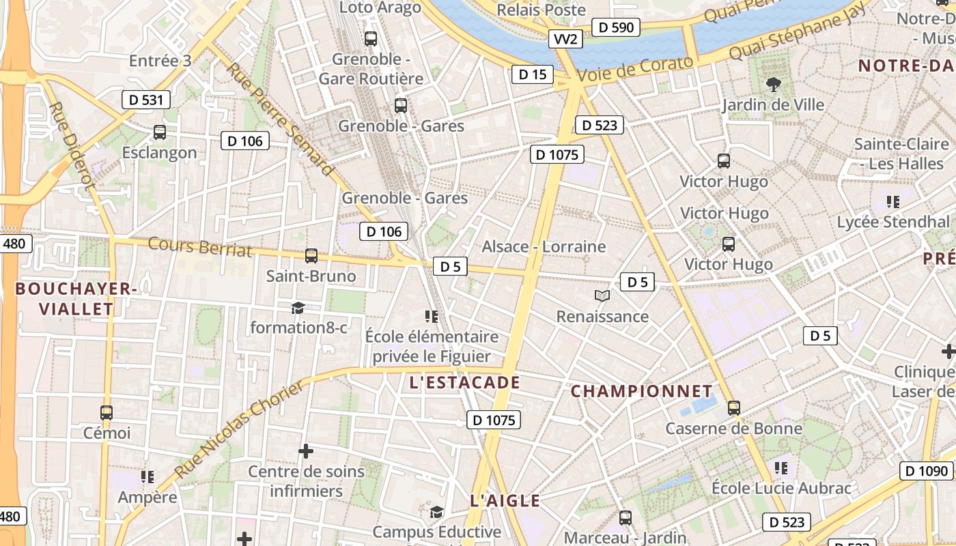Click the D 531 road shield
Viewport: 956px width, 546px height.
point(145,100)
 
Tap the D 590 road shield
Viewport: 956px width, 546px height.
point(617,27)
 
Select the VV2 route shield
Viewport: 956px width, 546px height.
point(566,39)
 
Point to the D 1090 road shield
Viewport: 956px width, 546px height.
point(927,471)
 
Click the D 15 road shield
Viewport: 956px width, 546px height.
point(532,74)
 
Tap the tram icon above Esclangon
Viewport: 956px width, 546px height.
point(160,132)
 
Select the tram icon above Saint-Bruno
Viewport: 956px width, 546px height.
point(311,256)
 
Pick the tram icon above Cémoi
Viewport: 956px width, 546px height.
point(107,412)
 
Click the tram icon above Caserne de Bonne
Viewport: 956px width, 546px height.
point(734,408)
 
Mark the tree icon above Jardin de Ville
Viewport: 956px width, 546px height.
point(774,85)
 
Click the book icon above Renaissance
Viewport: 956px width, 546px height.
point(602,296)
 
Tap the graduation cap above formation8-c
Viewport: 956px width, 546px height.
point(298,308)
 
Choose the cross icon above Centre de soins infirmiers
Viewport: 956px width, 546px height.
point(306,451)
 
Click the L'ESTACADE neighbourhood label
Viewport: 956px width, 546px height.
point(465,383)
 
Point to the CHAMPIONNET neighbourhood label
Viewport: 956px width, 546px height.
point(641,391)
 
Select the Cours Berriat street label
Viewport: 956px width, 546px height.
point(200,246)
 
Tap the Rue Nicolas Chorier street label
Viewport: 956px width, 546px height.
point(238,430)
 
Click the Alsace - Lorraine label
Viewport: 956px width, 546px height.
point(544,246)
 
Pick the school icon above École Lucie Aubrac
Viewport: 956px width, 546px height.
point(781,468)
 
